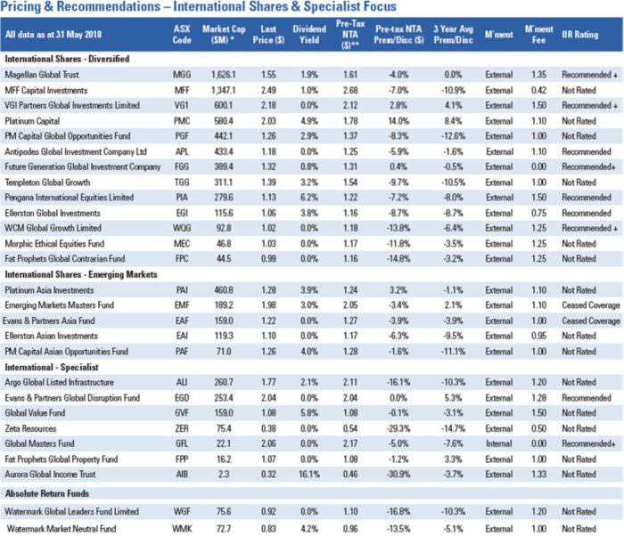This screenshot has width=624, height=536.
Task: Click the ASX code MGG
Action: (181, 77)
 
